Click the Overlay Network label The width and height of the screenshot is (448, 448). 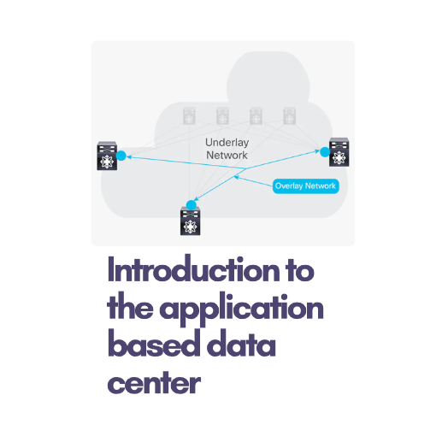coord(306,186)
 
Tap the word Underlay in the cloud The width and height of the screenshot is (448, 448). coord(227,143)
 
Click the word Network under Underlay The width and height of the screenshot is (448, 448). coord(227,155)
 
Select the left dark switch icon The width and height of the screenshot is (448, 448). coord(107,156)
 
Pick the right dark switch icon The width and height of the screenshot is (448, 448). coord(339,152)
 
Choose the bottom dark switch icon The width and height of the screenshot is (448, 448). coord(191,221)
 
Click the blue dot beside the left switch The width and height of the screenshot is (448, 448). coord(121,156)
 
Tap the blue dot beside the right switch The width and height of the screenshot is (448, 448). coord(325,152)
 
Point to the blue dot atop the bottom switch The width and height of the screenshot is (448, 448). coord(192,205)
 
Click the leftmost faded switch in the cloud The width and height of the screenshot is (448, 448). coord(189,116)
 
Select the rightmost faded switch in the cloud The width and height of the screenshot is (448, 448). coord(290,115)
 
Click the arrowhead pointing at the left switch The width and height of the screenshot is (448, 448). coord(129,156)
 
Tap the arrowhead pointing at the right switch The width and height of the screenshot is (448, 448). coord(317,151)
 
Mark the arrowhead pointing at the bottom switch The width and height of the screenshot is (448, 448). coord(196,198)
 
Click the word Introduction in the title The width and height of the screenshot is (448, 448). coord(194,268)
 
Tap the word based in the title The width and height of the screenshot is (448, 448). coord(154,343)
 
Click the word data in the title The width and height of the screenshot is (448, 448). coord(241,343)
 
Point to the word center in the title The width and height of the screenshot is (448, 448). coord(154,382)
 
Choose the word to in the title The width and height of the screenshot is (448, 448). coord(300,270)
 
